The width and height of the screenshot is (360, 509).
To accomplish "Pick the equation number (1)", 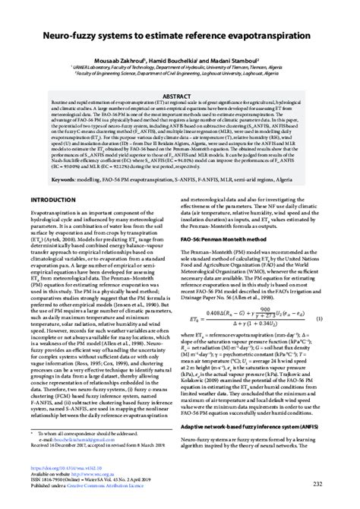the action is pyautogui.click(x=339, y=318).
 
